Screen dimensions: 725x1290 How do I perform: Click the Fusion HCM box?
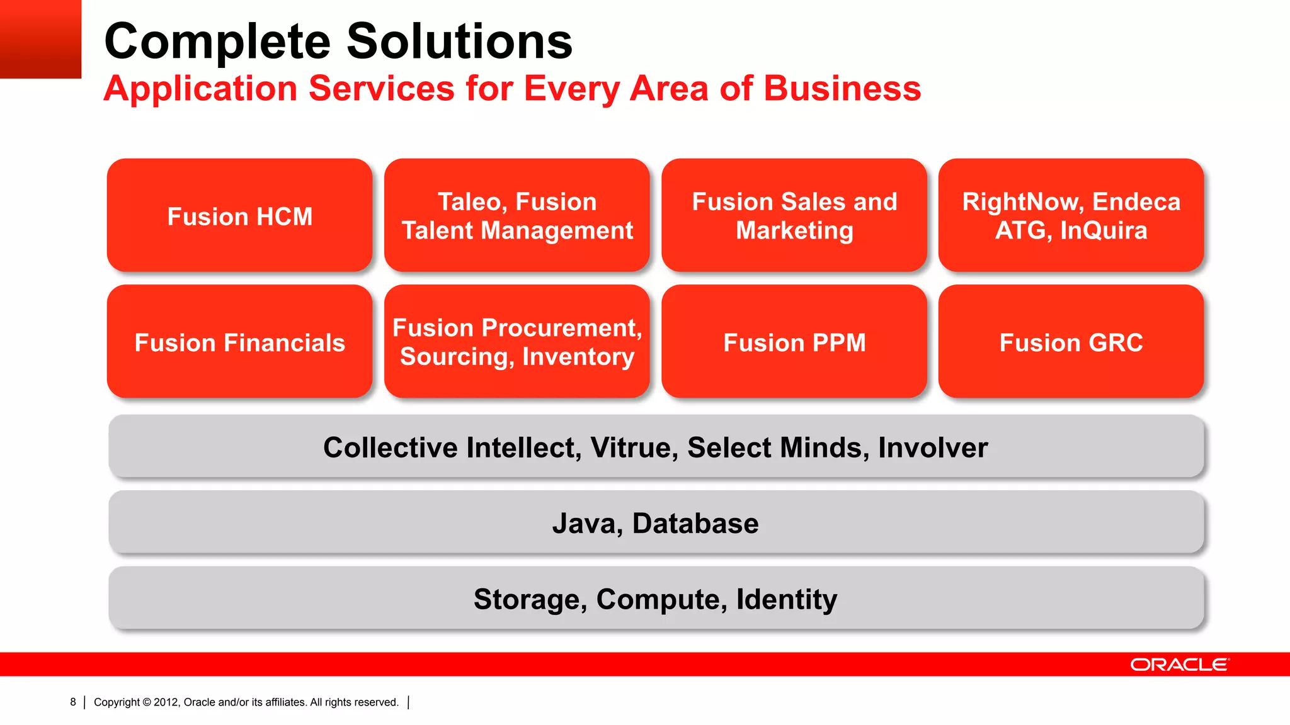pyautogui.click(x=239, y=216)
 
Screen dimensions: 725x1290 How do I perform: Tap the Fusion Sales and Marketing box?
pyautogui.click(x=794, y=216)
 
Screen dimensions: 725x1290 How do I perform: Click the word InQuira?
pyautogui.click(x=1104, y=231)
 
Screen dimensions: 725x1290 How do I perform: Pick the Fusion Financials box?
pyautogui.click(x=239, y=342)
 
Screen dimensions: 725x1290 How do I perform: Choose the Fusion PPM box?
pyautogui.click(x=794, y=342)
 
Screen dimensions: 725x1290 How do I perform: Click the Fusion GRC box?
pyautogui.click(x=1071, y=342)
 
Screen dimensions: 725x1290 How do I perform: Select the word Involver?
pyautogui.click(x=932, y=448)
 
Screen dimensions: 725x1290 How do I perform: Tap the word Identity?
pyautogui.click(x=786, y=599)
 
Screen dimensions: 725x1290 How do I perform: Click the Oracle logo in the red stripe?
pyautogui.click(x=1179, y=665)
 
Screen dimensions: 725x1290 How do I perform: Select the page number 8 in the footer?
pyautogui.click(x=73, y=702)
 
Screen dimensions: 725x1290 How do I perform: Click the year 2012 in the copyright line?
pyautogui.click(x=166, y=702)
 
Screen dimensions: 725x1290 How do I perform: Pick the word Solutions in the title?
pyautogui.click(x=459, y=42)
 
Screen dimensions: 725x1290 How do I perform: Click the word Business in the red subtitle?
pyautogui.click(x=842, y=88)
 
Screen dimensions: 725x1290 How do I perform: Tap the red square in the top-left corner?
pyautogui.click(x=40, y=38)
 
